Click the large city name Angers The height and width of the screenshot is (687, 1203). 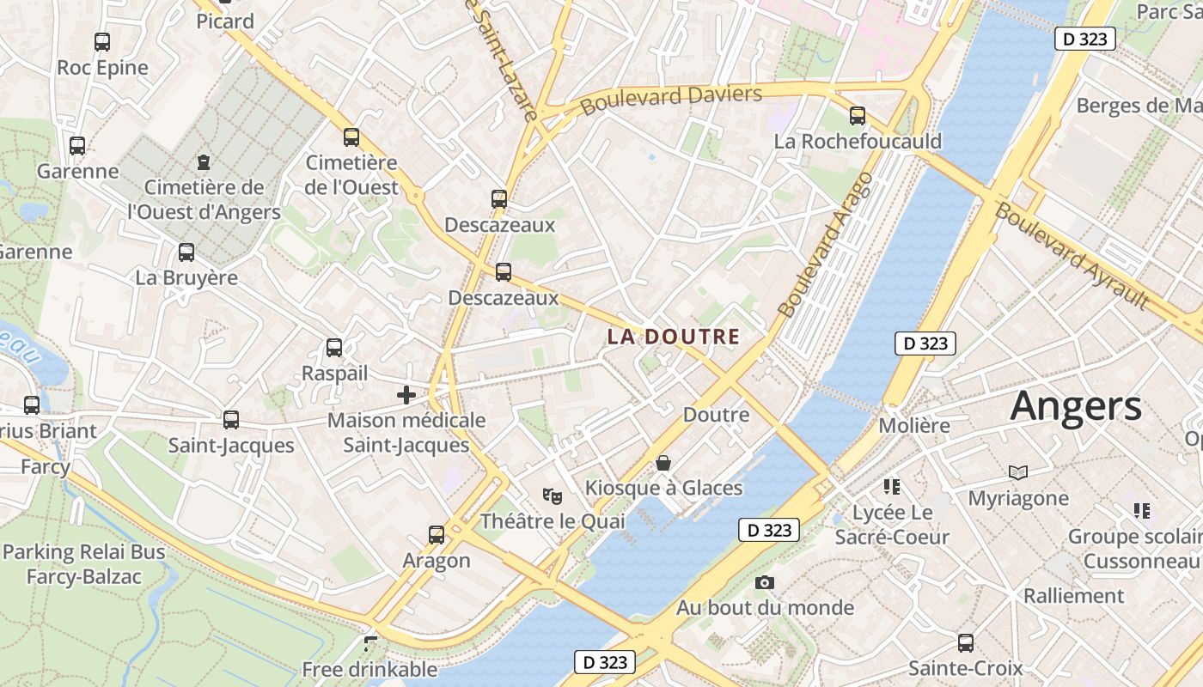(x=1076, y=406)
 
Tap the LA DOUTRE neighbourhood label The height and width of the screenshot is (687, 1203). (x=674, y=337)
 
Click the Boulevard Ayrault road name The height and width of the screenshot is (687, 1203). (x=1072, y=255)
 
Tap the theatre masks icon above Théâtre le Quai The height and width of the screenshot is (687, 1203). (x=552, y=495)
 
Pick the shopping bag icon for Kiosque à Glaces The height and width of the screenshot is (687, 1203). (x=663, y=463)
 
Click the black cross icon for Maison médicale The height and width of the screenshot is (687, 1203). (x=406, y=395)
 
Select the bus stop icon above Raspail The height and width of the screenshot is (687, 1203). (x=334, y=348)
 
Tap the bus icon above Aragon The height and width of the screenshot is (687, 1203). (x=437, y=535)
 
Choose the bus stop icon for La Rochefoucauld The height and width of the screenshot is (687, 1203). (x=857, y=116)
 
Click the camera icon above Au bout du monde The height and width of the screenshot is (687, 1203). (x=764, y=583)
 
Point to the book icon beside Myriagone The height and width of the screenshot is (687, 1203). (x=1018, y=472)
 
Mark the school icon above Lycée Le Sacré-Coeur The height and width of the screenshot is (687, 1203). (x=892, y=487)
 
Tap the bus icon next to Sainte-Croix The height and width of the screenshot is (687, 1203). (x=966, y=642)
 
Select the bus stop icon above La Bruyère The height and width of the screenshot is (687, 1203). (x=186, y=252)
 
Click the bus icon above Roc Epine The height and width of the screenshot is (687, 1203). (x=102, y=41)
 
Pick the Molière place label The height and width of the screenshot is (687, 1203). (x=914, y=425)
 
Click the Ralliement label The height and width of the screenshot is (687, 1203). (x=1073, y=595)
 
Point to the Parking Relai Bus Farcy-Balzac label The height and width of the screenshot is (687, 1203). (x=83, y=564)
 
